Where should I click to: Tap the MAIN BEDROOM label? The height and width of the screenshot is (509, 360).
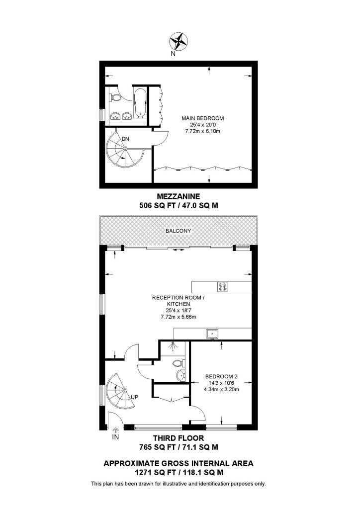(x=202, y=118)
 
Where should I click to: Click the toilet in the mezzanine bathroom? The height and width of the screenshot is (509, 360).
(x=115, y=96)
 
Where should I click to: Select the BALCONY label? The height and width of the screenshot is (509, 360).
(x=178, y=231)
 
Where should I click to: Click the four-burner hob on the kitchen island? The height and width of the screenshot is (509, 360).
(x=222, y=287)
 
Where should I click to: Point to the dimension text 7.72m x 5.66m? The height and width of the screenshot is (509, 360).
(x=171, y=317)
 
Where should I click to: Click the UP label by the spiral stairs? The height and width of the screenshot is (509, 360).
(x=134, y=397)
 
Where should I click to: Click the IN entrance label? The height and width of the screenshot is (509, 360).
(x=115, y=437)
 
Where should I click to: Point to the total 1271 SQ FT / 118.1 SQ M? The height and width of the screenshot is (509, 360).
(x=178, y=472)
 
